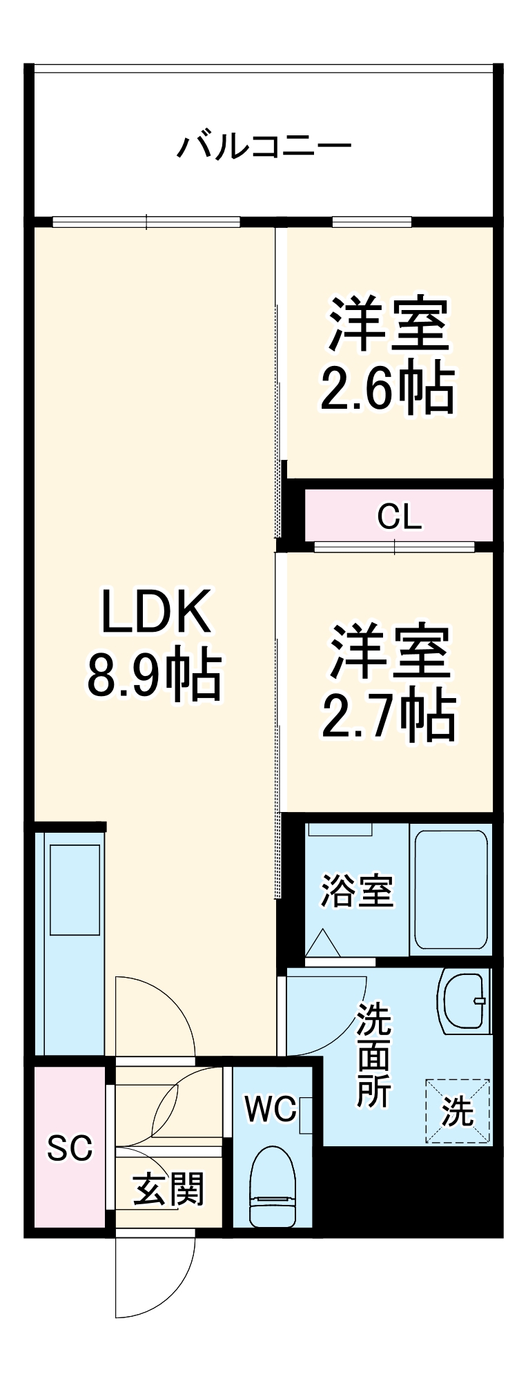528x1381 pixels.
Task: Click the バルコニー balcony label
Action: (x=264, y=146)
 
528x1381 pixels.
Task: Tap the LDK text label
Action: (x=156, y=611)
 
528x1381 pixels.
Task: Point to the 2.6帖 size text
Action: (x=387, y=388)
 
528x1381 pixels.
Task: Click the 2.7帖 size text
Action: (x=389, y=716)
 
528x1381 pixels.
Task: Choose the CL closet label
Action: (x=399, y=516)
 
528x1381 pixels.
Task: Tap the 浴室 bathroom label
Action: (x=356, y=891)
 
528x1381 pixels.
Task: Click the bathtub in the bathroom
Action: (x=451, y=889)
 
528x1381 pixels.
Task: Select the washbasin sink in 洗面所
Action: (x=463, y=1001)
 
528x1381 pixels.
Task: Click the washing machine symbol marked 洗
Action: (x=458, y=1111)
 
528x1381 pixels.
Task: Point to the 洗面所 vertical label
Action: (x=373, y=1056)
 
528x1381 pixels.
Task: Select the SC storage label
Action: (x=70, y=1148)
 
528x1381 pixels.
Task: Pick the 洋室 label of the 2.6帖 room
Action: (x=389, y=325)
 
